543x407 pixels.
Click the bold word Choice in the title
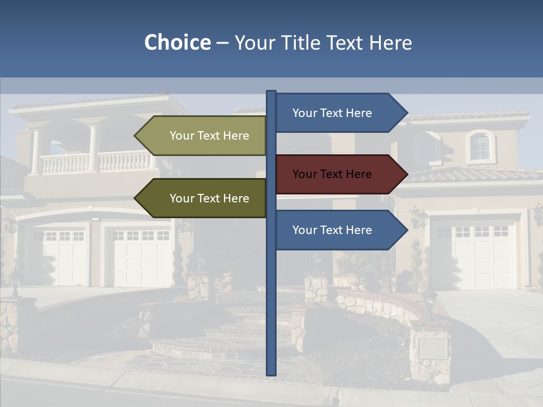177,42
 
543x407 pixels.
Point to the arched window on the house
480,146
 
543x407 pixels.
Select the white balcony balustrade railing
96,163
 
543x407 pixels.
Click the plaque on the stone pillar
432,347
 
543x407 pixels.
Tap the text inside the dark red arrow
332,174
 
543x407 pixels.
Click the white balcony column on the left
36,151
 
